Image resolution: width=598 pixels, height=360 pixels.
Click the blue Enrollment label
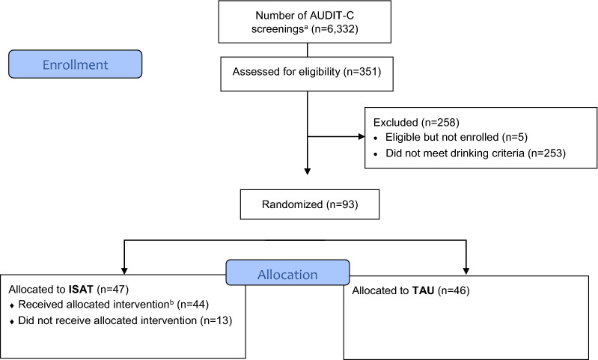(x=75, y=64)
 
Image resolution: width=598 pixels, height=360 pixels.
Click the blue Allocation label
(x=287, y=274)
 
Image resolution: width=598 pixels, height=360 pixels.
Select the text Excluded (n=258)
(x=411, y=121)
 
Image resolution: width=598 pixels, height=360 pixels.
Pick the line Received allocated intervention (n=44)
(x=109, y=305)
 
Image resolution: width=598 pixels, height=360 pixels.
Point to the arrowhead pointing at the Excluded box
(x=359, y=138)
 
